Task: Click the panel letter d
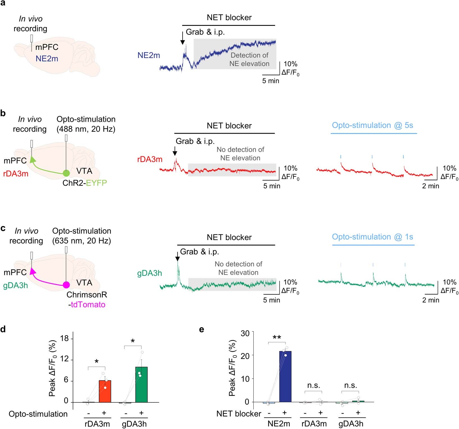[x=3, y=329]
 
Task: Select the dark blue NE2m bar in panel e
[x=285, y=376]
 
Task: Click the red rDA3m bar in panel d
[x=105, y=391]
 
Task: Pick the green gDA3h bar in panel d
[x=141, y=385]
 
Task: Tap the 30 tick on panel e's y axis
[x=245, y=333]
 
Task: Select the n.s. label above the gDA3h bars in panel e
[x=351, y=385]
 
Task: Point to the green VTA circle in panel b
[x=66, y=173]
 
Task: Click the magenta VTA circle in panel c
[x=66, y=285]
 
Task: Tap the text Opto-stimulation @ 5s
[x=372, y=125]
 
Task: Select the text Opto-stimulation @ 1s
[x=372, y=237]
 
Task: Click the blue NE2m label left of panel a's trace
[x=149, y=56]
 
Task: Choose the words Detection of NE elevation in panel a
[x=249, y=60]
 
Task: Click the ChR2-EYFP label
[x=85, y=183]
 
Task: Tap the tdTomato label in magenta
[x=88, y=305]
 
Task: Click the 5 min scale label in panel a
[x=271, y=81]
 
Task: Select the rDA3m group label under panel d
[x=97, y=424]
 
